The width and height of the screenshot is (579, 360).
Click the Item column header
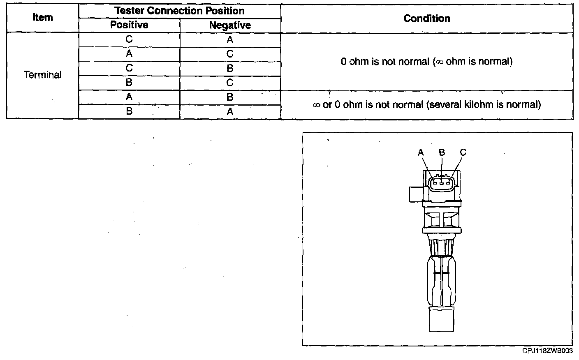click(42, 18)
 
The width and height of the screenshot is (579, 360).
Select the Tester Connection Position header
click(179, 11)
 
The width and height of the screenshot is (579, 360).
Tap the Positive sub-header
click(129, 25)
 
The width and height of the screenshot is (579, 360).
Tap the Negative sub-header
click(230, 25)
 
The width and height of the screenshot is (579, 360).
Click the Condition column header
click(427, 18)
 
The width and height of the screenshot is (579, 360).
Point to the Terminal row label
click(43, 75)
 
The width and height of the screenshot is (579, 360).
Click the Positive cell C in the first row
click(129, 39)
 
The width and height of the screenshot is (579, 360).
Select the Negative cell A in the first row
click(230, 40)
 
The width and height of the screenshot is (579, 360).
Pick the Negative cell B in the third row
click(230, 69)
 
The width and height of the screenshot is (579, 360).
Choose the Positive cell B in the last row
click(129, 111)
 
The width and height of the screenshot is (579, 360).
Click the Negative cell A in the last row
click(230, 112)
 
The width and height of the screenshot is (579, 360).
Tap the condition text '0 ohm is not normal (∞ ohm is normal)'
click(426, 62)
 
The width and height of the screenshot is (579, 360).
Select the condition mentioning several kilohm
click(426, 105)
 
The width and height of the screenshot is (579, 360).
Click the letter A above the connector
click(421, 152)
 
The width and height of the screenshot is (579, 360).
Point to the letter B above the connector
click(442, 152)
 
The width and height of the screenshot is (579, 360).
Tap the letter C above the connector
click(463, 152)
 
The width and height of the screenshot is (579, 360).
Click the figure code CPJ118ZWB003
click(547, 351)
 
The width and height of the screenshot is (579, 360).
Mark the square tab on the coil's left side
click(415, 194)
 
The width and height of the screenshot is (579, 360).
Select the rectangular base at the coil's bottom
click(442, 318)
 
